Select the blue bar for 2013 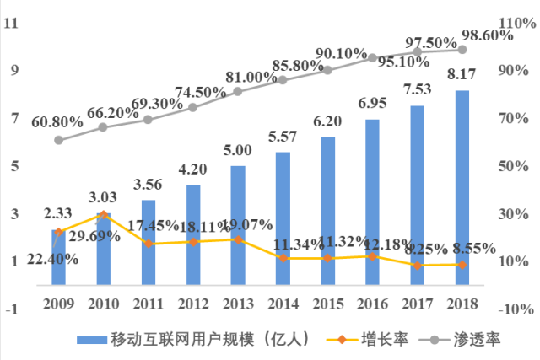(238, 225)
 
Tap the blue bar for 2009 (58, 257)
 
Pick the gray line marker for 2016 (372, 58)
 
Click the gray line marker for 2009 (58, 140)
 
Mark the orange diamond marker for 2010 (103, 215)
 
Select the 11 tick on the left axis (12, 23)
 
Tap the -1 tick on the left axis (12, 309)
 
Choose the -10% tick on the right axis (514, 309)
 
